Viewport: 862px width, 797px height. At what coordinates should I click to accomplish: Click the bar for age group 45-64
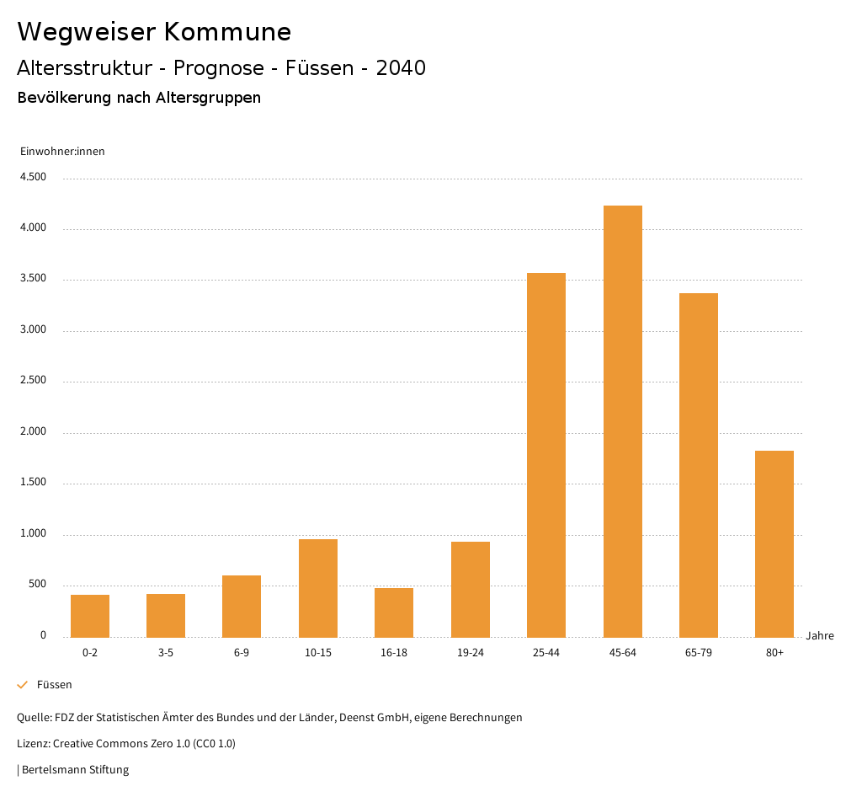pyautogui.click(x=622, y=421)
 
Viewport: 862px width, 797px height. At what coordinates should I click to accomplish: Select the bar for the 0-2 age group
pyautogui.click(x=90, y=616)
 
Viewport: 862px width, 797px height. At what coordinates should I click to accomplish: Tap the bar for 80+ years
pyautogui.click(x=774, y=543)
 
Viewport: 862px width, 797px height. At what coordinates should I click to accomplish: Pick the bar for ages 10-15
pyautogui.click(x=318, y=588)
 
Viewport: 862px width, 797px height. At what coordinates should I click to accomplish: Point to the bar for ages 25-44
pyautogui.click(x=546, y=455)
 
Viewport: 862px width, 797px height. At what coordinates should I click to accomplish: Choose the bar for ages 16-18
pyautogui.click(x=394, y=612)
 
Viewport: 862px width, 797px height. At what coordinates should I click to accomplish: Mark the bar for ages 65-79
pyautogui.click(x=699, y=465)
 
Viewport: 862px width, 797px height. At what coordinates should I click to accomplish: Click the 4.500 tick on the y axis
pyautogui.click(x=33, y=177)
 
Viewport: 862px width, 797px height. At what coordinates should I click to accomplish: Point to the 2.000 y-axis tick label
pyautogui.click(x=33, y=432)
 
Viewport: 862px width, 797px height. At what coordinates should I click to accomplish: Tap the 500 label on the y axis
pyautogui.click(x=37, y=585)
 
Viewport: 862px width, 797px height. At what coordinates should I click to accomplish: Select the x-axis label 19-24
pyautogui.click(x=470, y=653)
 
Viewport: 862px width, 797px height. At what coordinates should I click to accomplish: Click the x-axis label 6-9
pyautogui.click(x=242, y=653)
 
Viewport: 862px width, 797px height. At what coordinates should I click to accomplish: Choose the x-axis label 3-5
pyautogui.click(x=166, y=653)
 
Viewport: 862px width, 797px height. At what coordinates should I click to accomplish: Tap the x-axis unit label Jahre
pyautogui.click(x=820, y=636)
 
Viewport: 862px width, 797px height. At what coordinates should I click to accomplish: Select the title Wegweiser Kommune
pyautogui.click(x=154, y=32)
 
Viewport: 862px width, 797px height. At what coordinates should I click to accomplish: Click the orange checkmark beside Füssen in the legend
pyautogui.click(x=23, y=685)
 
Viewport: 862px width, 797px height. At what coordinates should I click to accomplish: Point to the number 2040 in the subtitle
pyautogui.click(x=401, y=68)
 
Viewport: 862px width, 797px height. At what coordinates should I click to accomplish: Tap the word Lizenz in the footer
pyautogui.click(x=33, y=744)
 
